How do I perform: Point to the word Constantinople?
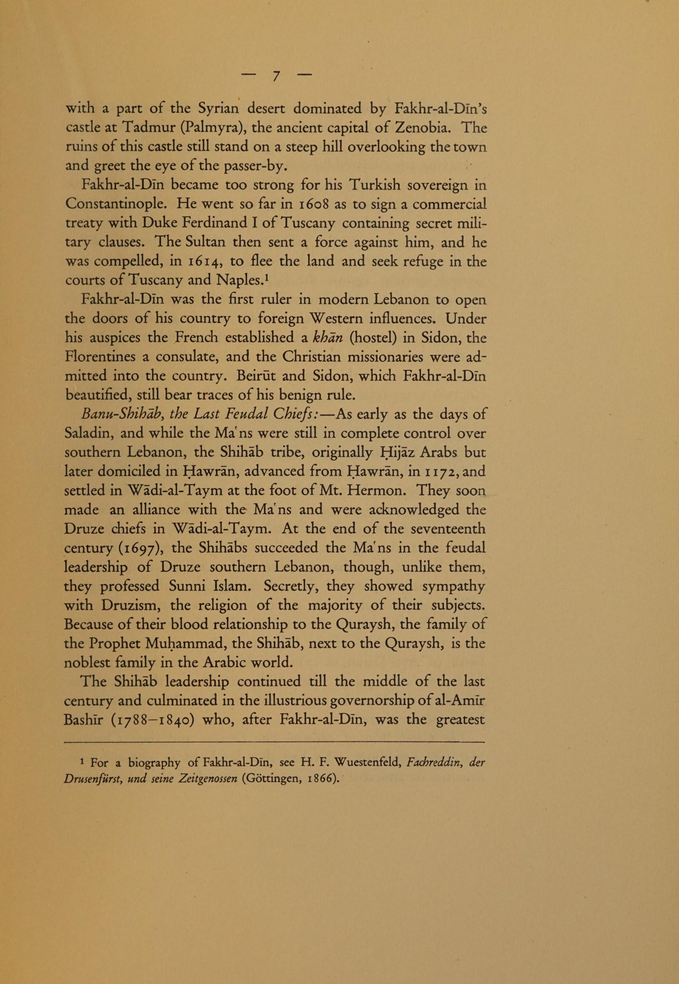114,204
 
